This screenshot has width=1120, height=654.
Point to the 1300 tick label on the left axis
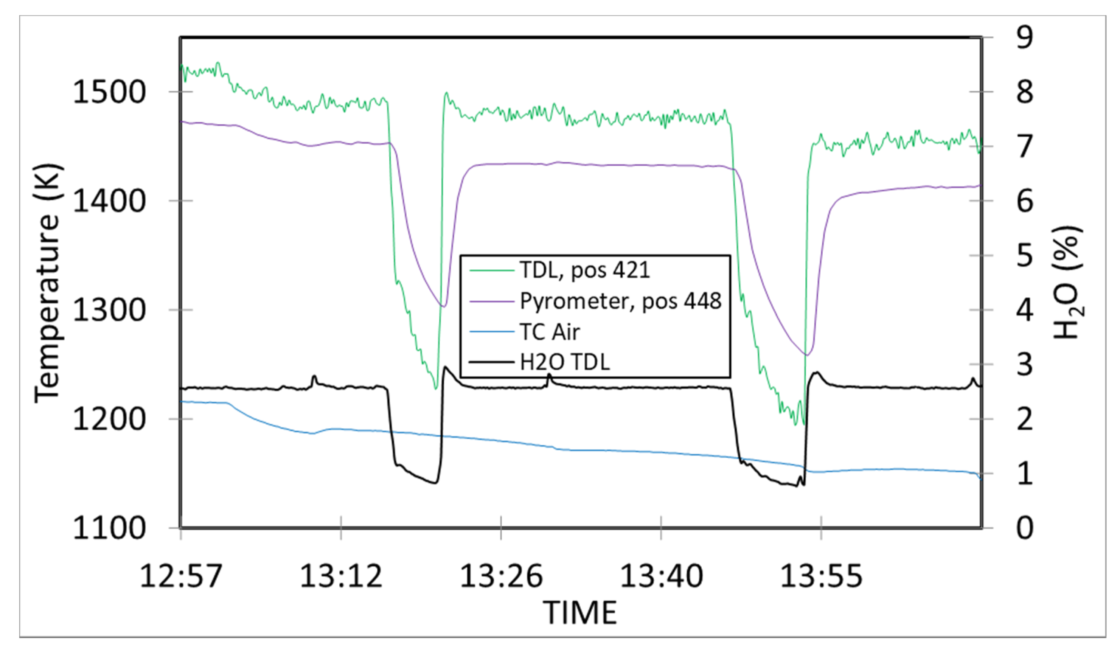(x=109, y=310)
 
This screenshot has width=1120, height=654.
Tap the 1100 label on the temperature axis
(x=109, y=528)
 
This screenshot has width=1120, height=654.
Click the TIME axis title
(x=580, y=613)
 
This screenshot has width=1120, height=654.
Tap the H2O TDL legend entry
(x=564, y=362)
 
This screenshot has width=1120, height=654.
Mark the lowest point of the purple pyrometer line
(x=807, y=355)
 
